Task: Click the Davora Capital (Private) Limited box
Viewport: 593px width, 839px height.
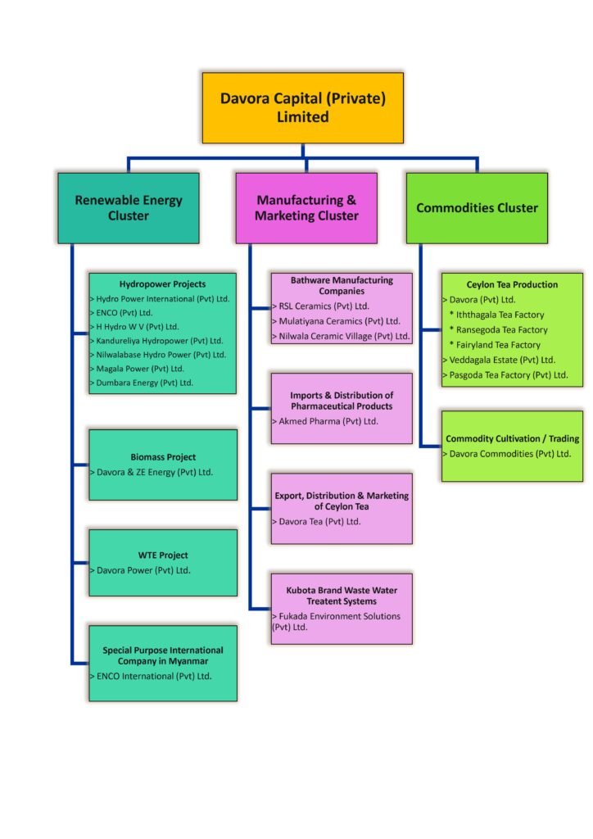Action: point(303,107)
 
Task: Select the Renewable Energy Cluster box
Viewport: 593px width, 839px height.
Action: point(129,207)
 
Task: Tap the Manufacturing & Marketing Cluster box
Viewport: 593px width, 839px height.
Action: point(306,207)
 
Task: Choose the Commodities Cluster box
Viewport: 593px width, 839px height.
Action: point(477,207)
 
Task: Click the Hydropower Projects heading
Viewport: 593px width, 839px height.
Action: point(162,284)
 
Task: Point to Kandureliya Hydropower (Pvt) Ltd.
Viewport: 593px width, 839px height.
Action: point(156,341)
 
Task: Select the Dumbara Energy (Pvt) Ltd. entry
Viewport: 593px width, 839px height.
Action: point(142,383)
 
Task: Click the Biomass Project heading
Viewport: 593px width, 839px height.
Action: point(163,457)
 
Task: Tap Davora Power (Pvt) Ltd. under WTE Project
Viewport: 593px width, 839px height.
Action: point(141,570)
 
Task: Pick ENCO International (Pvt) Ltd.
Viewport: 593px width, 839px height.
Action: point(151,676)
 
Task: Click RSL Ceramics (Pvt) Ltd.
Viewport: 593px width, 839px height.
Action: point(321,306)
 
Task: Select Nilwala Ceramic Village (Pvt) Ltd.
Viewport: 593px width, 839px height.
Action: point(342,336)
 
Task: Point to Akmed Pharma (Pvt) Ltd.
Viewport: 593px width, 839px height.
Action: point(325,421)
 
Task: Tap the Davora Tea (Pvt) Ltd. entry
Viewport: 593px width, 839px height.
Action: point(316,521)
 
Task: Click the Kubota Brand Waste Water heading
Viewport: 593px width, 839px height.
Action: point(342,590)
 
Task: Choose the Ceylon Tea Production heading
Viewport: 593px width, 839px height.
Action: point(512,284)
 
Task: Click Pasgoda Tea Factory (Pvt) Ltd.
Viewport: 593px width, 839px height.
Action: point(505,375)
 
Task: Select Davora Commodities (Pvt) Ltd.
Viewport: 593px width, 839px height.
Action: point(507,454)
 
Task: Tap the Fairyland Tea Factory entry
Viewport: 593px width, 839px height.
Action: point(495,345)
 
